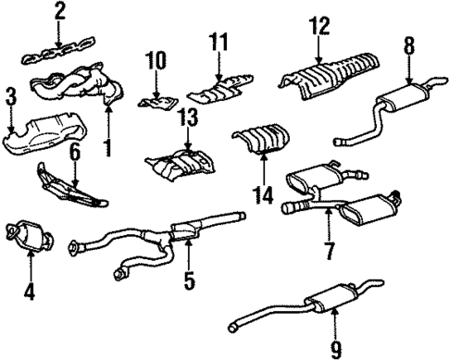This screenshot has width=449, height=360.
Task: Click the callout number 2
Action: (x=60, y=12)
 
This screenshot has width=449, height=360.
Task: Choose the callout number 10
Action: (x=155, y=61)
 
